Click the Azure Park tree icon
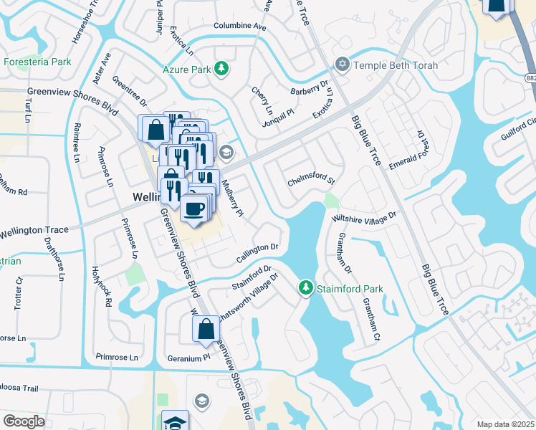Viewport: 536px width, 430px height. click(222, 69)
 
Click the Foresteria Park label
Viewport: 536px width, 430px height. click(37, 62)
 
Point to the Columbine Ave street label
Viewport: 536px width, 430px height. click(239, 27)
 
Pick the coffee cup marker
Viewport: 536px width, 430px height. click(195, 208)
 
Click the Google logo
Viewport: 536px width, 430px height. click(24, 421)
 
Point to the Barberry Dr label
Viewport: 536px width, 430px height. click(308, 91)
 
